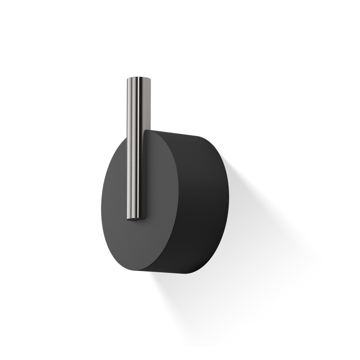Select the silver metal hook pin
click(136, 148)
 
